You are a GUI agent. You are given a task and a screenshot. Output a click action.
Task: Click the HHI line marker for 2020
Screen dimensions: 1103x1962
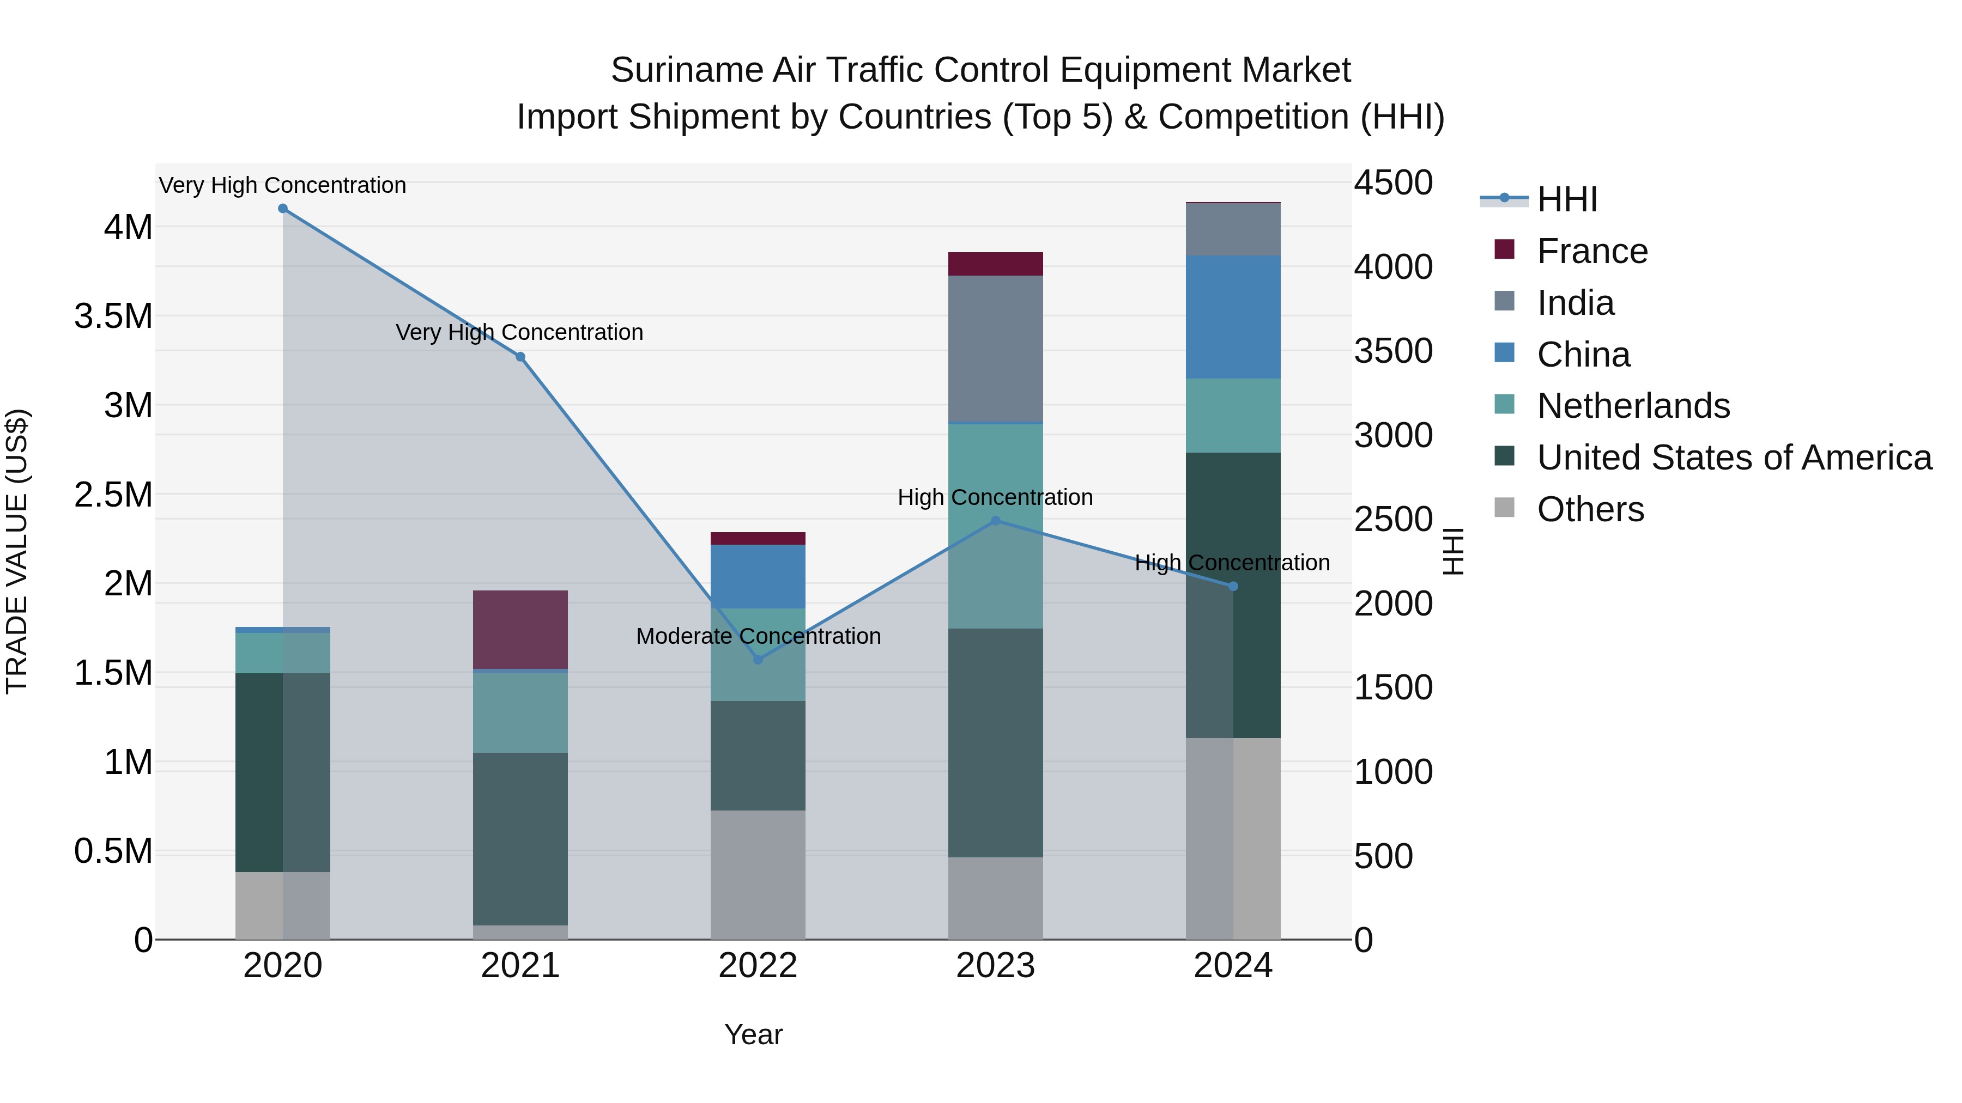[x=282, y=209]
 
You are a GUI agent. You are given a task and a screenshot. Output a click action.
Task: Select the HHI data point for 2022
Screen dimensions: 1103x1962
[x=758, y=659]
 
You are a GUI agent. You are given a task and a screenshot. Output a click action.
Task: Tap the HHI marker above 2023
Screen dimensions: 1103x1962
[x=996, y=521]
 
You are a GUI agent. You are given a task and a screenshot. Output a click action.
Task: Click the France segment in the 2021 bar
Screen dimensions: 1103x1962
[x=520, y=630]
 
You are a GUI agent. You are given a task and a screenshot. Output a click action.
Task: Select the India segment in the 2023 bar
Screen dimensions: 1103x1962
[x=996, y=348]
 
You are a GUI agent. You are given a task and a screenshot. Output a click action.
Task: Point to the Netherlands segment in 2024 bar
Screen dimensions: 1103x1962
[x=1233, y=416]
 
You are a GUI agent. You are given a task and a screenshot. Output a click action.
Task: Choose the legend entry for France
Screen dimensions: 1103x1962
[x=1592, y=251]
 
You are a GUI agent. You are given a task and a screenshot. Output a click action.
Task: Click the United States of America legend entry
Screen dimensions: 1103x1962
[x=1734, y=458]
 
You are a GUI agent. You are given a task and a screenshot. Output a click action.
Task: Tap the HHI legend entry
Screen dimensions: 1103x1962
[x=1567, y=199]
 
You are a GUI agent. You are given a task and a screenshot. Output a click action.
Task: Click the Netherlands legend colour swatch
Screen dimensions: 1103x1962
[x=1504, y=404]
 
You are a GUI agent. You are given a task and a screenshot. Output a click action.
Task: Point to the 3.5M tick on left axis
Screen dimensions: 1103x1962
[x=113, y=316]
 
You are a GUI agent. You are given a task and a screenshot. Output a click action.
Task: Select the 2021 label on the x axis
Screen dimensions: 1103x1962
[x=520, y=966]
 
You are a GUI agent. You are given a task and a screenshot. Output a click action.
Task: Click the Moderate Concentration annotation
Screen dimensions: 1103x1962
[x=758, y=636]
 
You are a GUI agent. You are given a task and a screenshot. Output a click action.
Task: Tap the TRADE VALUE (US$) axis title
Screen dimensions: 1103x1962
[x=17, y=551]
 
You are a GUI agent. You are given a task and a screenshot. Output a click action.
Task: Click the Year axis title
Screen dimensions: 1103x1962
[x=753, y=1034]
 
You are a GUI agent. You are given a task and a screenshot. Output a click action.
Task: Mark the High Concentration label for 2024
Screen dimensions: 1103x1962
[x=1232, y=563]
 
